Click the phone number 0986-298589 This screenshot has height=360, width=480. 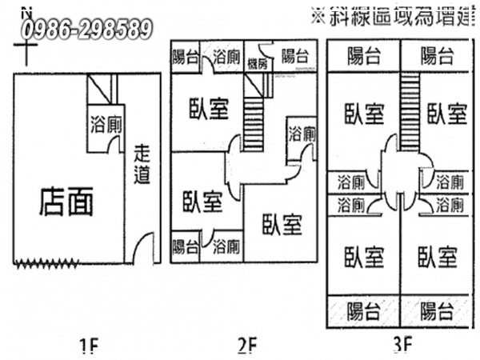coord(88,30)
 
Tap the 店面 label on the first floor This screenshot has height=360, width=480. coord(66,202)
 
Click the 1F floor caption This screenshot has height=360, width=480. coord(89,346)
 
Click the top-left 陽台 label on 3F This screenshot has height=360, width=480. coord(365,56)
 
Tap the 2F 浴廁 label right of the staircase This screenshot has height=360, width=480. coord(302,133)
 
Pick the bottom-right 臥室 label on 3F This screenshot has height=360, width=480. coord(438,258)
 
